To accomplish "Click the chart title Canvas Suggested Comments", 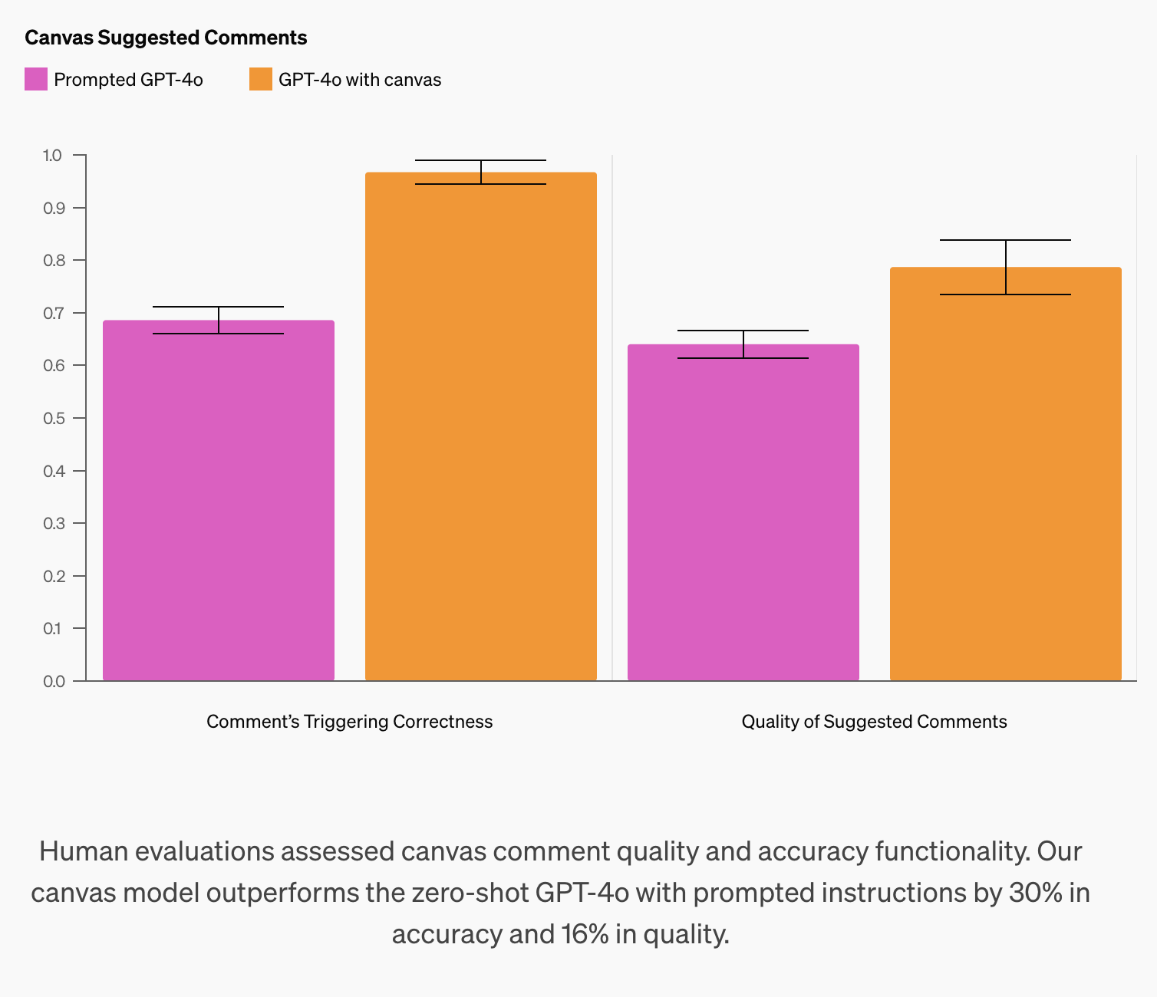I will point(166,38).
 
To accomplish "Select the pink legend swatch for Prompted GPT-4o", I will point(36,79).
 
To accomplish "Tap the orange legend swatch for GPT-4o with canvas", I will point(261,79).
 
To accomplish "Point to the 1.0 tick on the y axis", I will point(52,156).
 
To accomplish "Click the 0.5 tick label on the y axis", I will point(52,418).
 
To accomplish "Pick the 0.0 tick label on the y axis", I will point(52,681).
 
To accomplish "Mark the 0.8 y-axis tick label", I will point(52,261).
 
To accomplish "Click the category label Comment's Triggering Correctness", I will point(350,722).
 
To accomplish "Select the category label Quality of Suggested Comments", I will point(874,722).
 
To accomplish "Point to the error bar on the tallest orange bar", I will point(481,172).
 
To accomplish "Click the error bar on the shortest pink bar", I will point(743,344).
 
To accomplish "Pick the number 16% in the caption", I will point(585,934).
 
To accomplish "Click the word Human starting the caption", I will point(87,851).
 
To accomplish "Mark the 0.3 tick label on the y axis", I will point(52,523).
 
